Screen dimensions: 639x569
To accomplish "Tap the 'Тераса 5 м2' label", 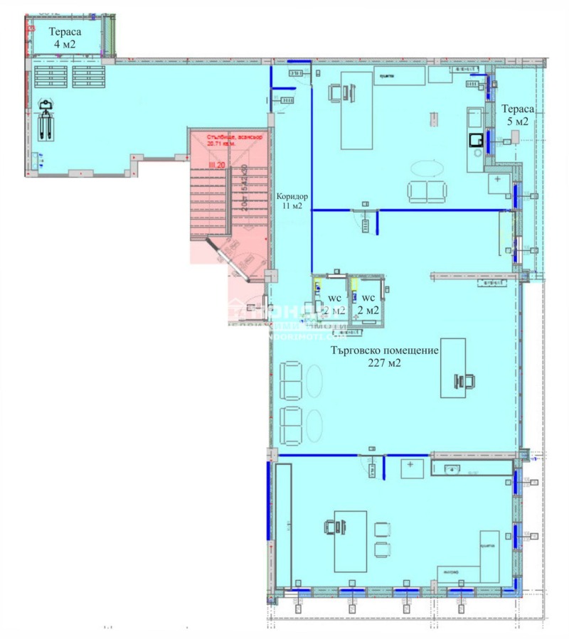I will pos(516,114).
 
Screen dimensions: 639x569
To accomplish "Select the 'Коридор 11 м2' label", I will pos(292,200).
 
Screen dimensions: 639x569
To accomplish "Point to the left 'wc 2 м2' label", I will pos(335,304).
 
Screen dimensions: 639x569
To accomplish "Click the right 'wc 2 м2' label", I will pos(368,304).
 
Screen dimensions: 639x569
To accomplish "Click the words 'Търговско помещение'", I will pos(384,350).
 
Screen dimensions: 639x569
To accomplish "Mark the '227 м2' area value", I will pos(385,363).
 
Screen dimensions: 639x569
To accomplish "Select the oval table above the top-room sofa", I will pos(427,168).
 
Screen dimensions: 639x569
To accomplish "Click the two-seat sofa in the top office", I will pos(427,191).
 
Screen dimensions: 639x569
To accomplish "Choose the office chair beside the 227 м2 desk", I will pos(466,382).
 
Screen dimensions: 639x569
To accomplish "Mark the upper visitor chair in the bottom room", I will pos(382,528).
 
